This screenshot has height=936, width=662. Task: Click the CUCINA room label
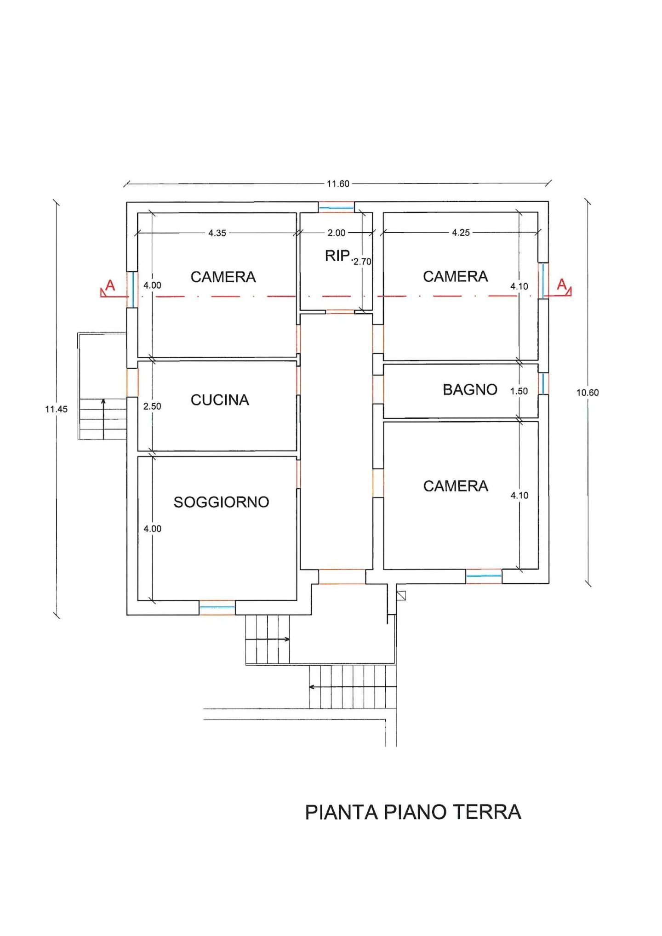pos(220,400)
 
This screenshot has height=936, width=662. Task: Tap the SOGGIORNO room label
pos(221,502)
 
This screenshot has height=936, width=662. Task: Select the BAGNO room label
pos(470,390)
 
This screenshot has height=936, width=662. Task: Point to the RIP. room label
pos(338,256)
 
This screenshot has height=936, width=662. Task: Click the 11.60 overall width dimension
pos(338,184)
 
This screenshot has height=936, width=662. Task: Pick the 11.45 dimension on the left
pos(56,409)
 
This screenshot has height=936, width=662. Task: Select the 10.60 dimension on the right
pos(588,393)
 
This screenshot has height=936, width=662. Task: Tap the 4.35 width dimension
pos(217,233)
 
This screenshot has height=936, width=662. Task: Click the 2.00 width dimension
pos(336,233)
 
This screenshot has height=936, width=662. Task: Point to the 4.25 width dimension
pos(461,233)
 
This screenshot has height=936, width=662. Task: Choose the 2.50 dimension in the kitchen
pos(152,406)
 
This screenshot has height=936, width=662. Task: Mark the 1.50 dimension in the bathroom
pos(519,391)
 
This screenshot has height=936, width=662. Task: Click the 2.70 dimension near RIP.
pos(362,262)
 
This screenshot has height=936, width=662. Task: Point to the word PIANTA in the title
pos(342,812)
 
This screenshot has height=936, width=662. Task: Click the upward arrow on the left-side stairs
pos(103,419)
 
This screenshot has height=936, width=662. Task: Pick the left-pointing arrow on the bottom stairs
pos(352,687)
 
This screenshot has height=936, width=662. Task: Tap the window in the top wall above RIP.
pos(337,207)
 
